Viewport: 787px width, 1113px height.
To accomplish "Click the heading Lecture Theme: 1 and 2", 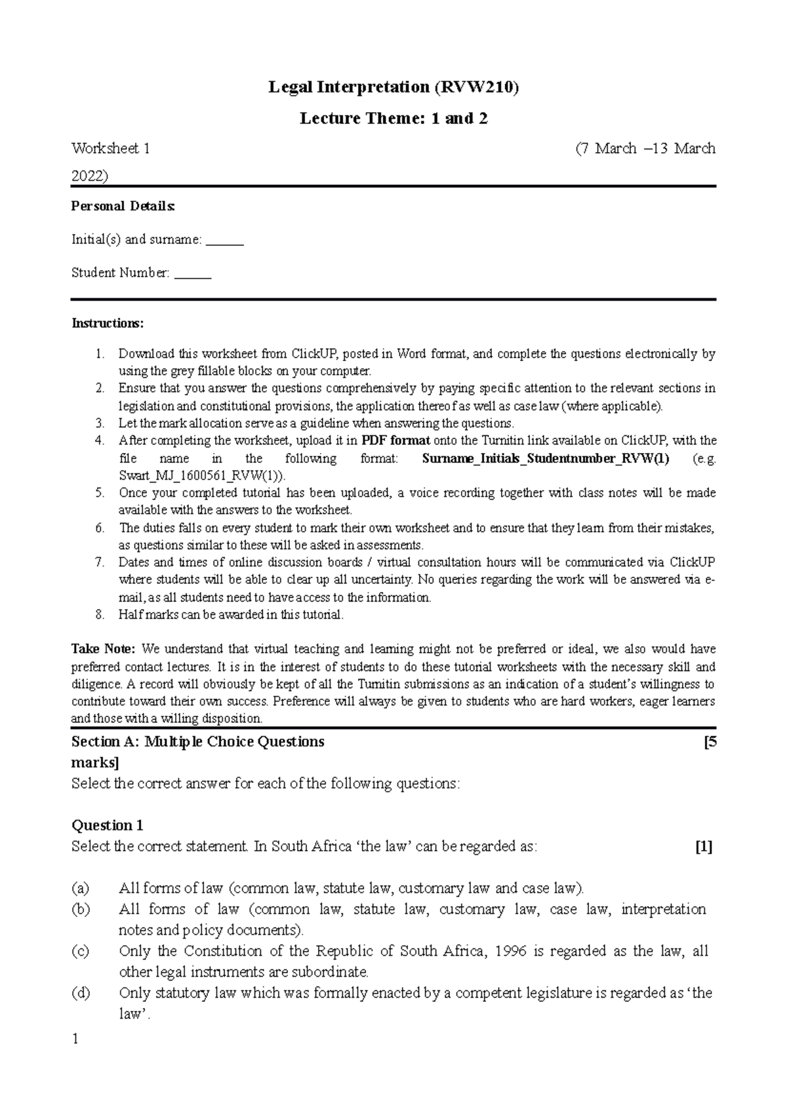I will click(393, 119).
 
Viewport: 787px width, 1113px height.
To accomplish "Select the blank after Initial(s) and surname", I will click(224, 241).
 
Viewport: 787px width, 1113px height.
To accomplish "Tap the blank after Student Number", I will click(193, 274).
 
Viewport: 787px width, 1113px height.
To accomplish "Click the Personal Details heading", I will click(123, 206).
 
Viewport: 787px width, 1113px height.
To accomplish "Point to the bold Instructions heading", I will click(107, 323).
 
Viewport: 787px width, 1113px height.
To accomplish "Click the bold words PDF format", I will click(395, 440).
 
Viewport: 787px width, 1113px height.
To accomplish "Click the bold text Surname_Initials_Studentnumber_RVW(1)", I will click(546, 458).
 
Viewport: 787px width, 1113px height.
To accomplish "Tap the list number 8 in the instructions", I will click(99, 615).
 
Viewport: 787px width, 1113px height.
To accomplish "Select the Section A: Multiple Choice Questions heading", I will click(197, 742).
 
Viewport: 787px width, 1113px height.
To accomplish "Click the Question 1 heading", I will click(107, 825).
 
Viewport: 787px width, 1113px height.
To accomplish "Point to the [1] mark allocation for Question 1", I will click(704, 847).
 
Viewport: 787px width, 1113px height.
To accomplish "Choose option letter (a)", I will click(80, 889).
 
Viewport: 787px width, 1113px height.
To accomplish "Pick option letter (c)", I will click(80, 951).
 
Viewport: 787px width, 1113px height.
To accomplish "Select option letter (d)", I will click(80, 993).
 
